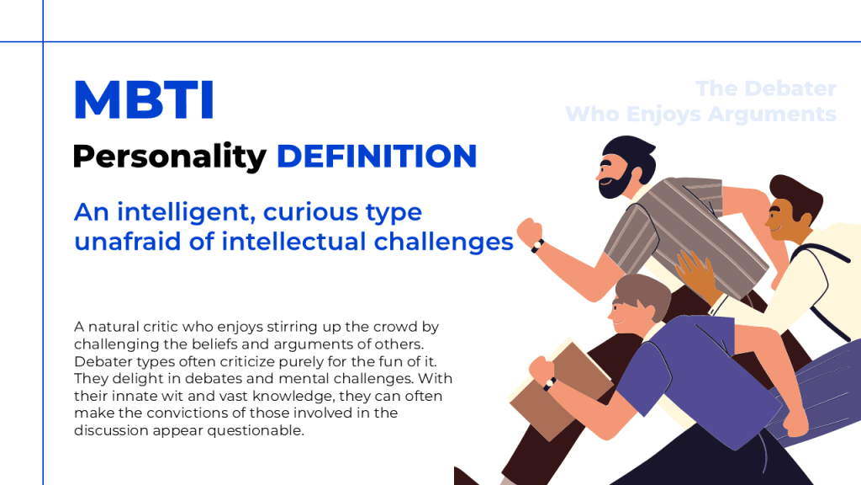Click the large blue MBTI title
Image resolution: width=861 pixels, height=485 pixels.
pyautogui.click(x=144, y=99)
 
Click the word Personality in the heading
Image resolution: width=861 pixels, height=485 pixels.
pyautogui.click(x=169, y=157)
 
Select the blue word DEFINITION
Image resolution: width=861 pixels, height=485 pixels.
pyautogui.click(x=377, y=156)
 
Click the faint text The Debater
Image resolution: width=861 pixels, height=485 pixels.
pyautogui.click(x=765, y=88)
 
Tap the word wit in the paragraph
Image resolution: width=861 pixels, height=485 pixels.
pyautogui.click(x=176, y=396)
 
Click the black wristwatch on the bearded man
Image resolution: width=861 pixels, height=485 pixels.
pyautogui.click(x=537, y=246)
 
